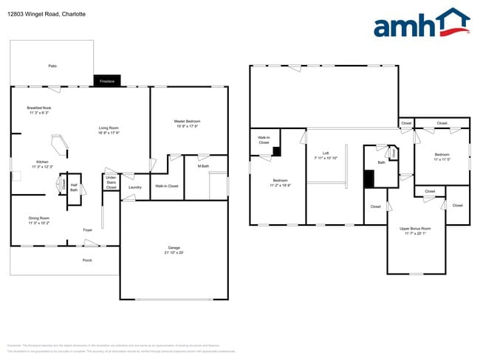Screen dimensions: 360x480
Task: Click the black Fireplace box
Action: (x=106, y=80)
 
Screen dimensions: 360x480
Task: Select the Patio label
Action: (x=52, y=66)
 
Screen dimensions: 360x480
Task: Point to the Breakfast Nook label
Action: (x=39, y=108)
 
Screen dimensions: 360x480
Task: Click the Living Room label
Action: (x=109, y=128)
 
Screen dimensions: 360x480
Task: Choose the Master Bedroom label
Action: (x=187, y=121)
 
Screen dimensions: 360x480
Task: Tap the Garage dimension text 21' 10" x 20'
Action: (x=174, y=252)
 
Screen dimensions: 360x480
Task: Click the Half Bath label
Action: (x=75, y=187)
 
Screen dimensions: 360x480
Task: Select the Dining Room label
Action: (x=39, y=218)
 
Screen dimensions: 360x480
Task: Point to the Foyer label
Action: (x=87, y=230)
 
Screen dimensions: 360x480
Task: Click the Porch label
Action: (x=87, y=260)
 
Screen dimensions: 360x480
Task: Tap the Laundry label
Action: (x=134, y=187)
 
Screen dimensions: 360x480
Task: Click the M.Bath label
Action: (x=203, y=166)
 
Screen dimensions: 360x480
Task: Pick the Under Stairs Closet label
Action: (x=111, y=182)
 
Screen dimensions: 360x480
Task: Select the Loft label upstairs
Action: (x=326, y=153)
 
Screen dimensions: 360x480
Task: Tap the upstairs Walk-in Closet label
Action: (x=264, y=139)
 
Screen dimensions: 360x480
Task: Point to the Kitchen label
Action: (x=42, y=162)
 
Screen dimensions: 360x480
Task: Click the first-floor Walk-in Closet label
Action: (x=166, y=186)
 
